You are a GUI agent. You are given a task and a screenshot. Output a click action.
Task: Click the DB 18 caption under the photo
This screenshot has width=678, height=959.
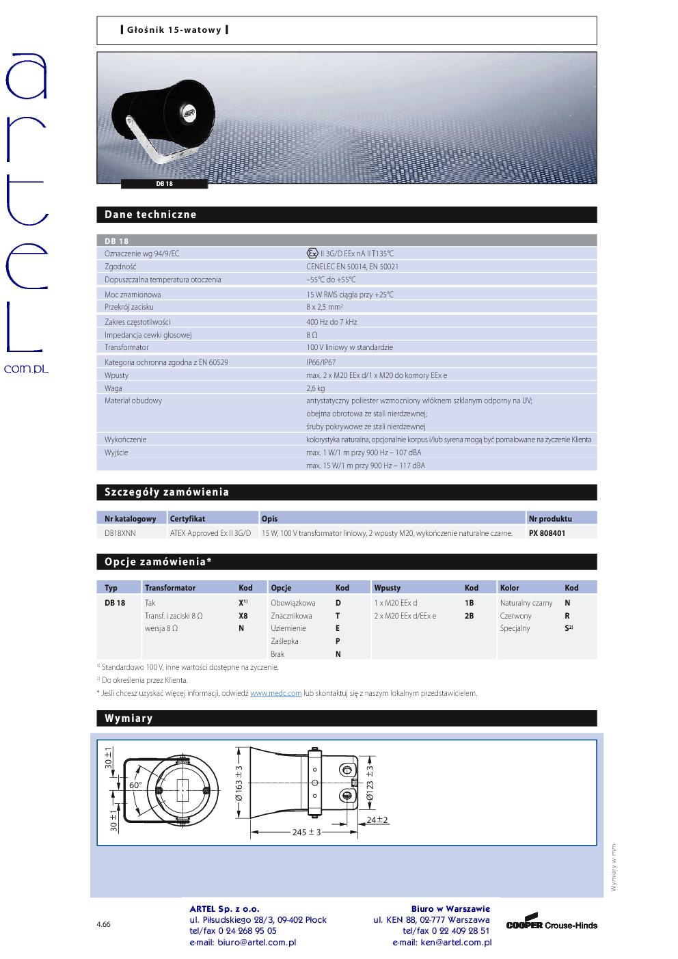point(164,184)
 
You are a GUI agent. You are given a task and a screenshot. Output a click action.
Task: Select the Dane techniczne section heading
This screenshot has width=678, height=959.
point(150,215)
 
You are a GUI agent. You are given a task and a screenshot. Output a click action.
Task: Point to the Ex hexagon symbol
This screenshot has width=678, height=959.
point(312,254)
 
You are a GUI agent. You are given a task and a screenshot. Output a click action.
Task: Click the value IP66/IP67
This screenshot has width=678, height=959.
point(321,362)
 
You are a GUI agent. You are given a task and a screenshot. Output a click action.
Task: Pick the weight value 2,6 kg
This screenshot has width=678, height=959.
point(315,388)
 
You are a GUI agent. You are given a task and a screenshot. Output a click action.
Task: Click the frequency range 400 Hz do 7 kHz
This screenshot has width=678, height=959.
point(331,322)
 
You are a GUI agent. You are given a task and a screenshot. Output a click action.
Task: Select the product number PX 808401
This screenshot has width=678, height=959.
point(547,533)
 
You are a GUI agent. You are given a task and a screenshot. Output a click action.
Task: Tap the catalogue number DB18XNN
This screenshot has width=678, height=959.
point(120,533)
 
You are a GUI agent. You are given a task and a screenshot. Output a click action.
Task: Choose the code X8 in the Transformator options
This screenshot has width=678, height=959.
point(243,616)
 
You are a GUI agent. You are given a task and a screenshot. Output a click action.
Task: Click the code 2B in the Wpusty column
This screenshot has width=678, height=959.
point(470,616)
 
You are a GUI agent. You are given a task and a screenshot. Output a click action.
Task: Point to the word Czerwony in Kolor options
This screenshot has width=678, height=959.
point(515,616)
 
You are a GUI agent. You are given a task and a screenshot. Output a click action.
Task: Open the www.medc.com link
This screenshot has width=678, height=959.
point(275,693)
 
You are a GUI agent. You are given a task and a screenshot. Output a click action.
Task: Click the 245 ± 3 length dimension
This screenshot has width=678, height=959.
point(307,832)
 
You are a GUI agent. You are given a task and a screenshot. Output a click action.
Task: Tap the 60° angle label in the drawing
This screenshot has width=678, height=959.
point(135,786)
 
